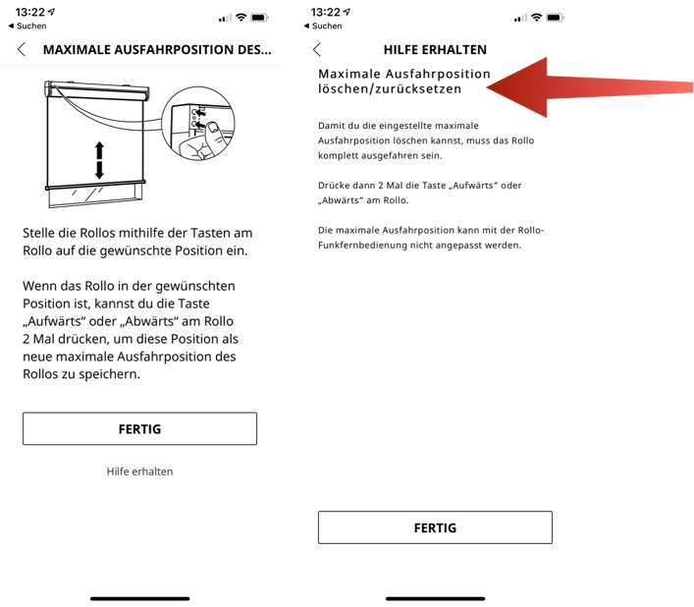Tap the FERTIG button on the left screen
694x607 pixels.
pyautogui.click(x=139, y=429)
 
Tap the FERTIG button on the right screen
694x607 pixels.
pyautogui.click(x=435, y=527)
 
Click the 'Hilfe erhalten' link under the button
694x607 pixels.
pyautogui.click(x=139, y=471)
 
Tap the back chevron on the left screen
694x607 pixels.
pyautogui.click(x=22, y=50)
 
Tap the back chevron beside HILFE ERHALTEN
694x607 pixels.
pyautogui.click(x=316, y=50)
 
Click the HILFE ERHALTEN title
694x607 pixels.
pyautogui.click(x=435, y=50)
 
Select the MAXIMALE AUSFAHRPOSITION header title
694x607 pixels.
pyautogui.click(x=157, y=50)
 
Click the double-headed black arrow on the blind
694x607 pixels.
pyautogui.click(x=99, y=159)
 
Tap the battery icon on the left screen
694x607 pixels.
pyautogui.click(x=259, y=18)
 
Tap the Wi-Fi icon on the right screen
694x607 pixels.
pyautogui.click(x=536, y=18)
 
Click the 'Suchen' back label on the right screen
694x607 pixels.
pyautogui.click(x=327, y=27)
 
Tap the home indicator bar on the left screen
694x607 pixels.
pyautogui.click(x=139, y=598)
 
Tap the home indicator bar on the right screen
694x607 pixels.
pyautogui.click(x=435, y=598)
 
